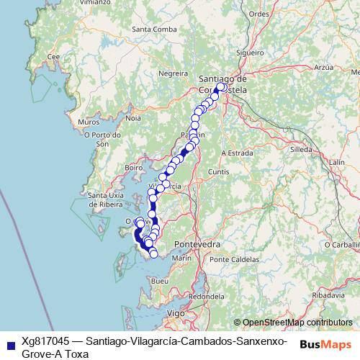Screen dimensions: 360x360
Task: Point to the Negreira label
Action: pyautogui.click(x=173, y=73)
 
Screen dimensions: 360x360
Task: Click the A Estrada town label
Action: pyautogui.click(x=237, y=153)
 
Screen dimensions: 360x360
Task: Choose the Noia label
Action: pyautogui.click(x=133, y=117)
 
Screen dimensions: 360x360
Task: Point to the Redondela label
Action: pyautogui.click(x=207, y=296)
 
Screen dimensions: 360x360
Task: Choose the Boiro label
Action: pyautogui.click(x=133, y=167)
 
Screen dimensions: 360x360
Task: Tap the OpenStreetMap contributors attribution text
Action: pyautogui.click(x=297, y=323)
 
